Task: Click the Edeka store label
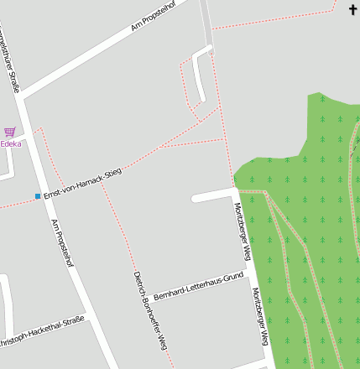click(x=11, y=143)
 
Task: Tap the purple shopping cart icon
click(x=9, y=131)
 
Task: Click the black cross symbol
click(x=352, y=9)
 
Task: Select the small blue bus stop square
click(x=38, y=196)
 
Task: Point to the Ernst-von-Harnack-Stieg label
click(x=83, y=183)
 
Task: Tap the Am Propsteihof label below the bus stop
click(x=63, y=243)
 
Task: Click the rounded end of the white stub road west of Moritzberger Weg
click(x=195, y=199)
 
